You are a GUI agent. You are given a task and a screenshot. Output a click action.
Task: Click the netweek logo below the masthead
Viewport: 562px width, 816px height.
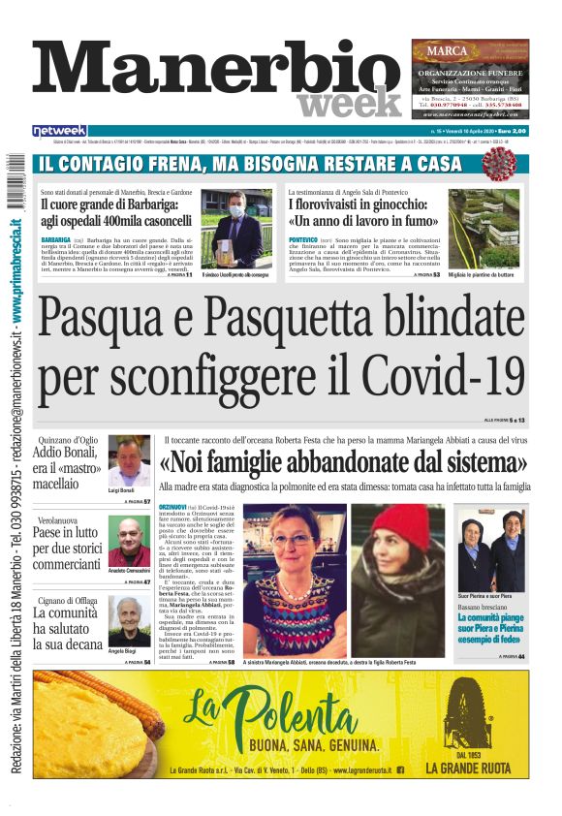[59, 131]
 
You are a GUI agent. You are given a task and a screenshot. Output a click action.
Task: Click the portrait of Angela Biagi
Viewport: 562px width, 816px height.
[128, 622]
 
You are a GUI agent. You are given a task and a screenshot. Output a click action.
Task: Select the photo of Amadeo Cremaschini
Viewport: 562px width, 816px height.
[128, 544]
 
